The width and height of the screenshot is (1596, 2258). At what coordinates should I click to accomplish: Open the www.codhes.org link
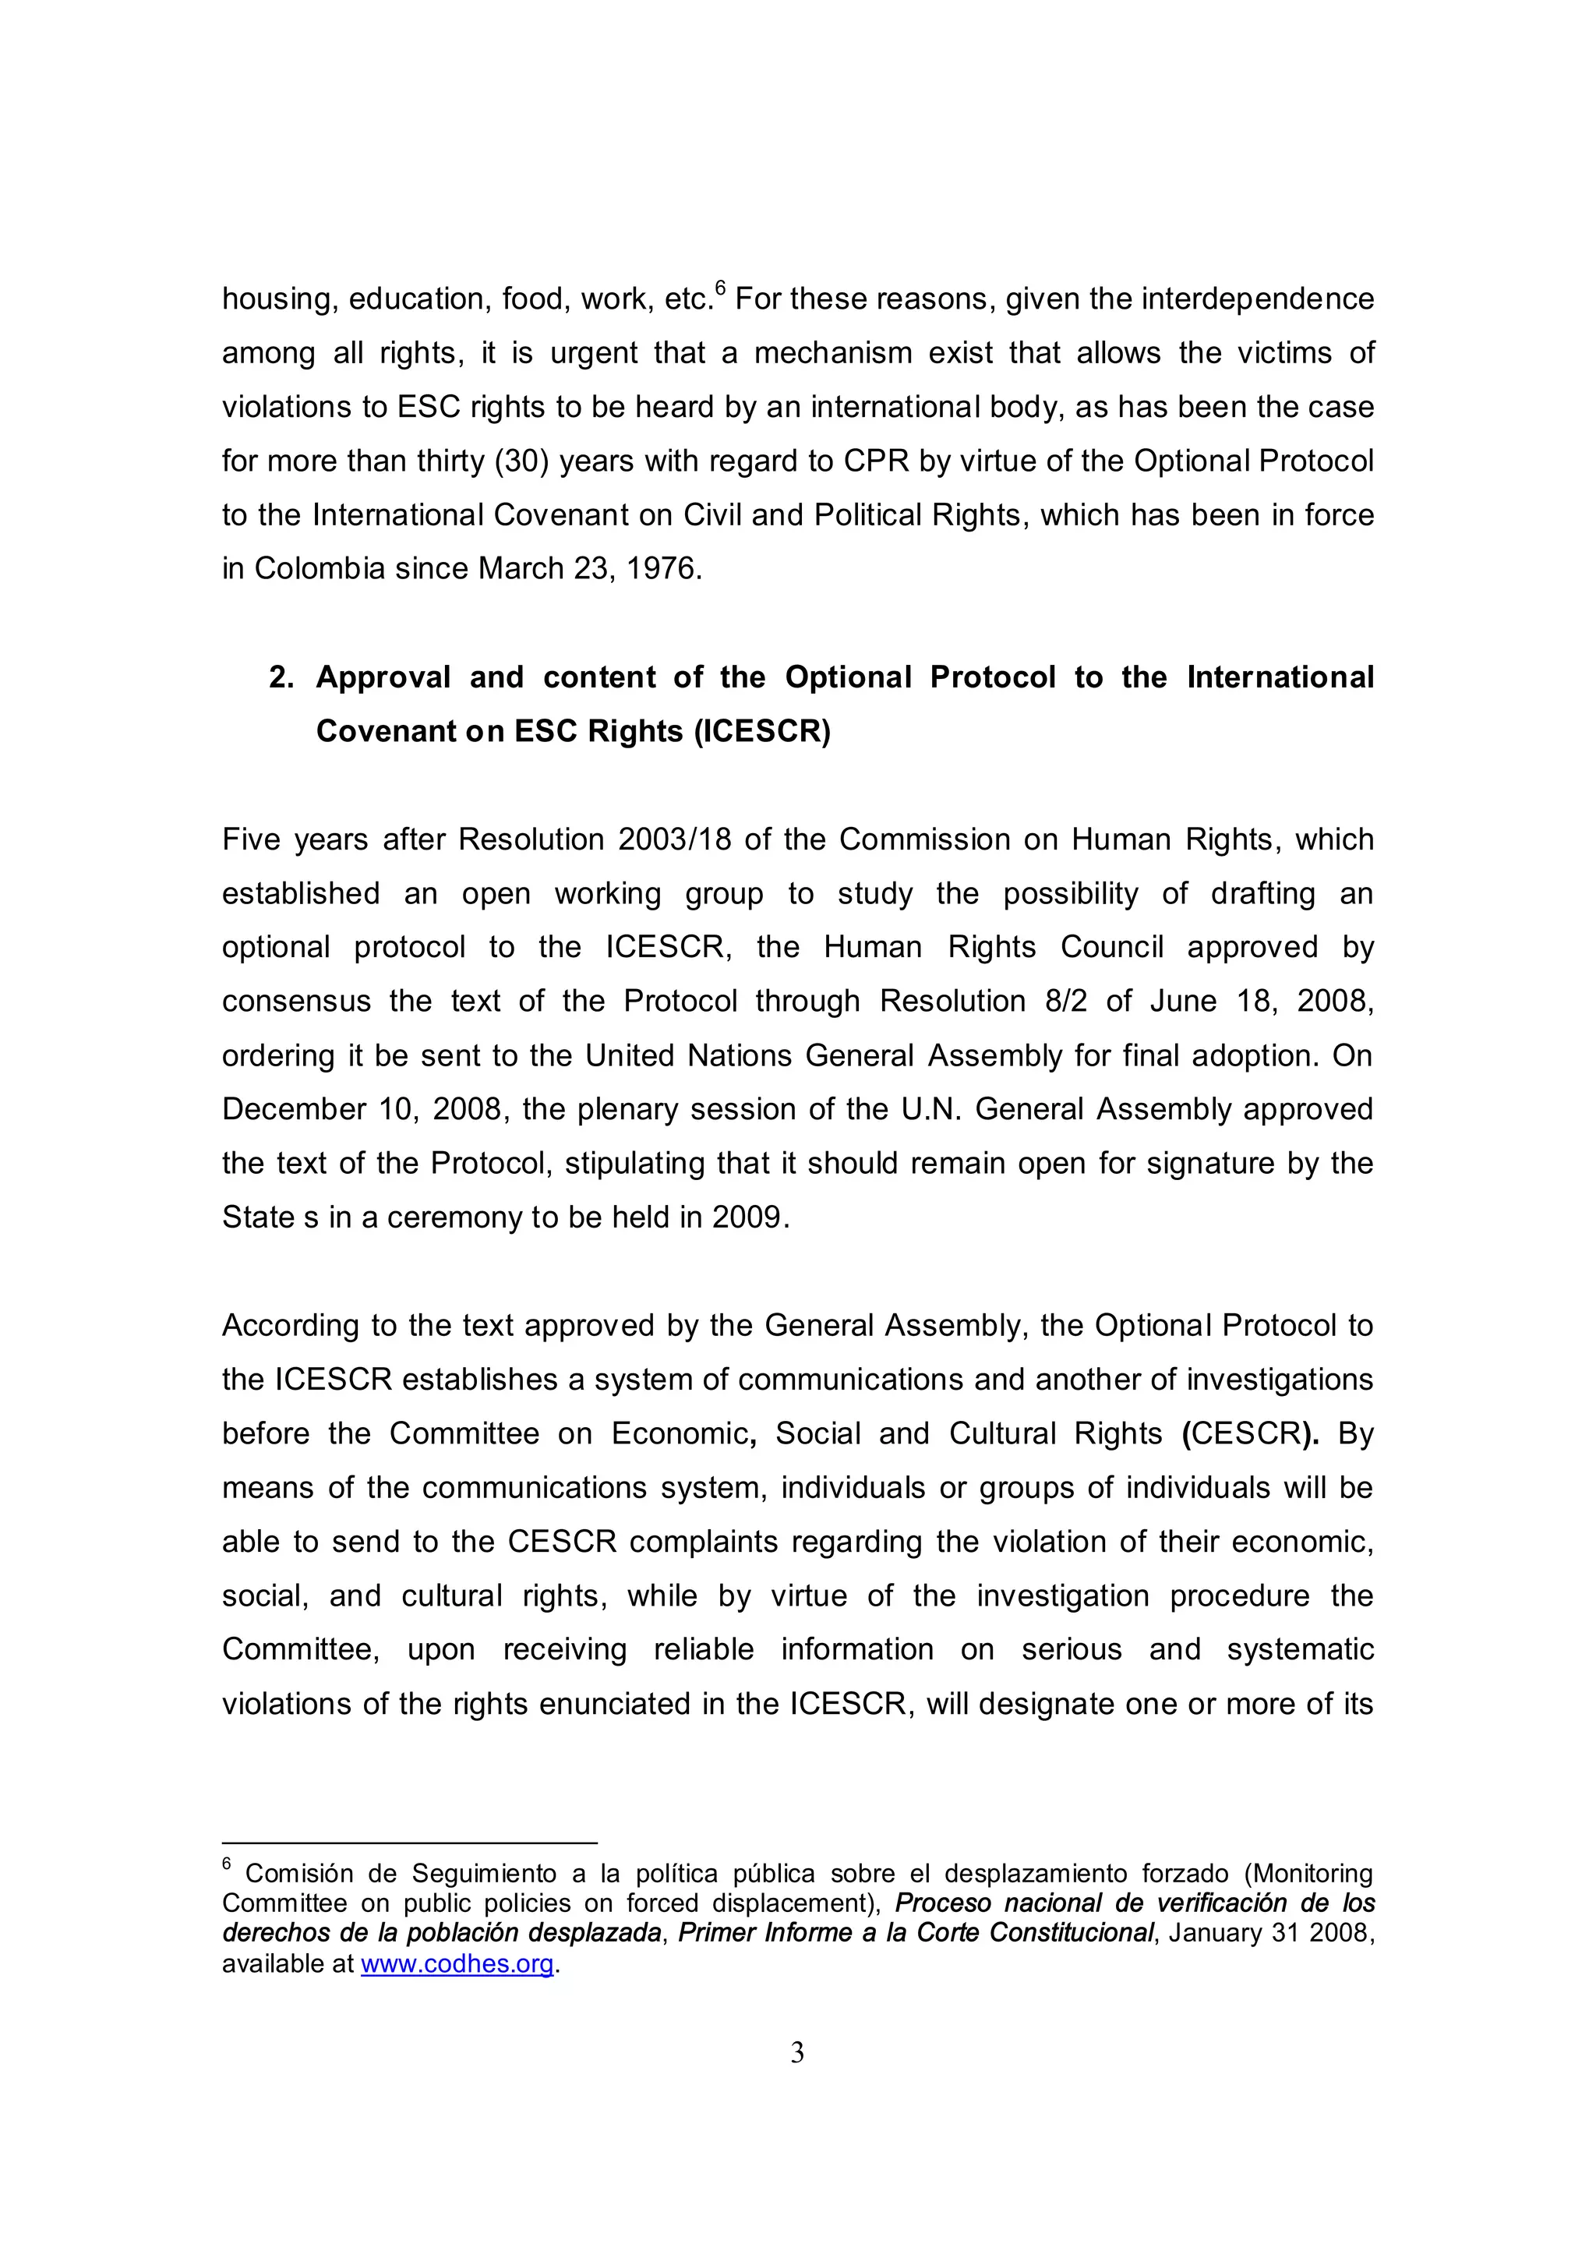457,1964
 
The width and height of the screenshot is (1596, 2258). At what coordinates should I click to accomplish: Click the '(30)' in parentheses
521,461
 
